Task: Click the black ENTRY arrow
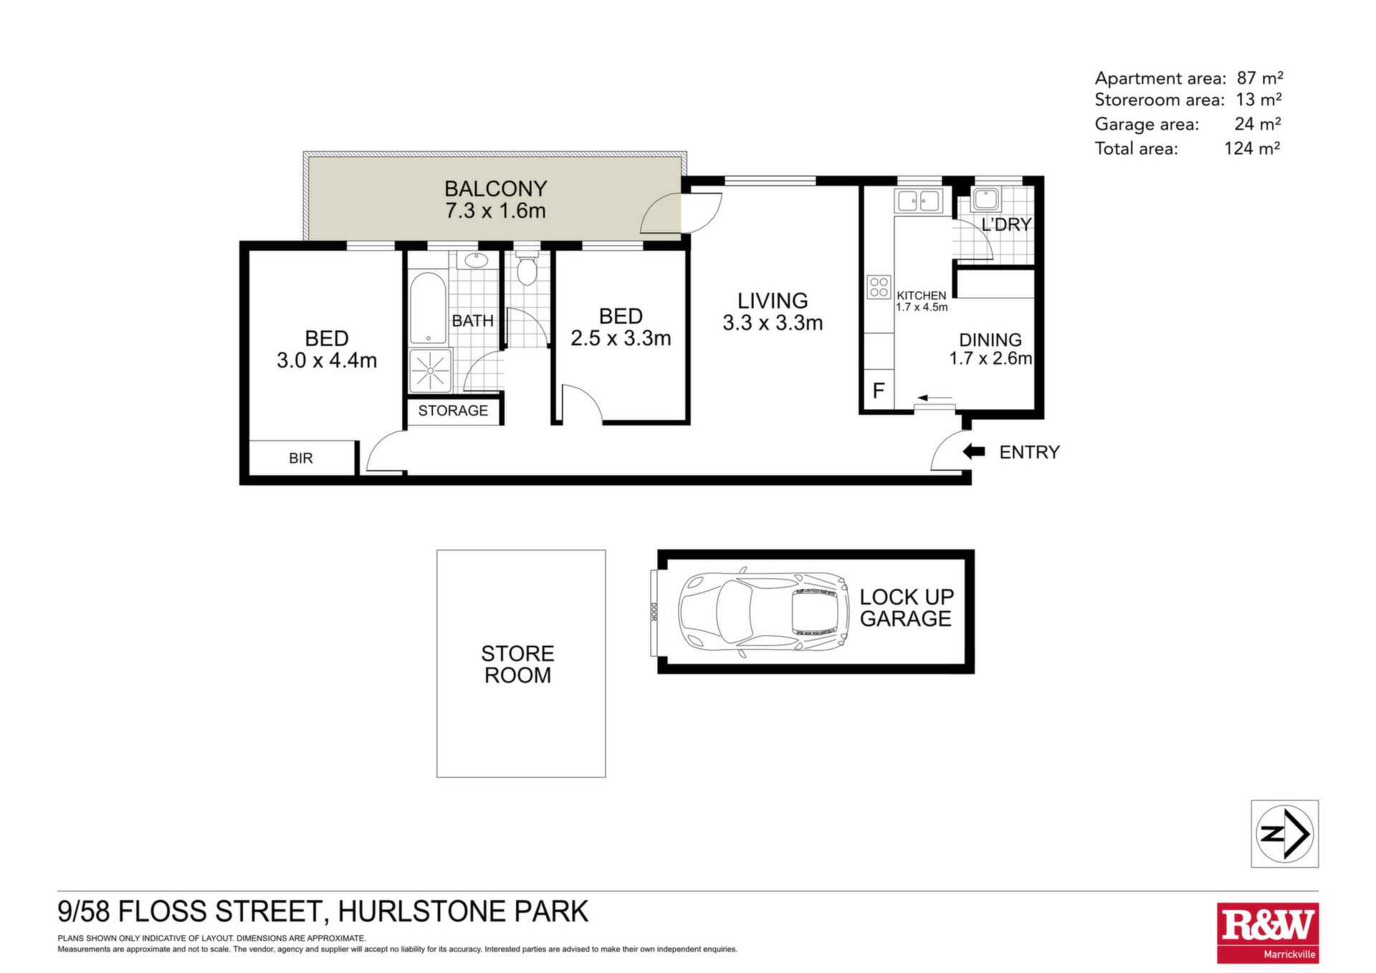pos(974,451)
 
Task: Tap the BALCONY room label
pos(495,188)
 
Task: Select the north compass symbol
pos(1285,834)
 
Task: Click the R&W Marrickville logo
pos(1268,933)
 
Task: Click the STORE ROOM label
pos(517,664)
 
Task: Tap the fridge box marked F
pos(879,390)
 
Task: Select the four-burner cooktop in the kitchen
pos(879,287)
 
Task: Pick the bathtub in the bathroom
pos(428,309)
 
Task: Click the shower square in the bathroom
pos(431,370)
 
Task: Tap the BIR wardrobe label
pos(301,458)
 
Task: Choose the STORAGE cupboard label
pos(453,411)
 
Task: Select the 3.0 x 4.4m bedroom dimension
pos(327,360)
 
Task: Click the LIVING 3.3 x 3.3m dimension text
pos(773,322)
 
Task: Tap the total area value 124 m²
pos(1252,148)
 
